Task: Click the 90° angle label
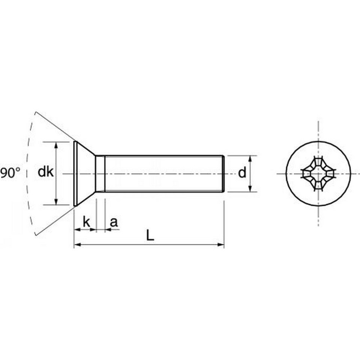tap(10, 173)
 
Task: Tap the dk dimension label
tap(46, 172)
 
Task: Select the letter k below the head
tap(86, 222)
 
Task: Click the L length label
tap(150, 236)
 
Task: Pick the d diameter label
tap(242, 173)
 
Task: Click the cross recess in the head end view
tap(318, 174)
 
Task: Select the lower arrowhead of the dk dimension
tap(56, 202)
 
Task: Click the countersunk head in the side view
tap(84, 173)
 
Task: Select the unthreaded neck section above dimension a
tap(100, 173)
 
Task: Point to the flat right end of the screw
tap(224, 173)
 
